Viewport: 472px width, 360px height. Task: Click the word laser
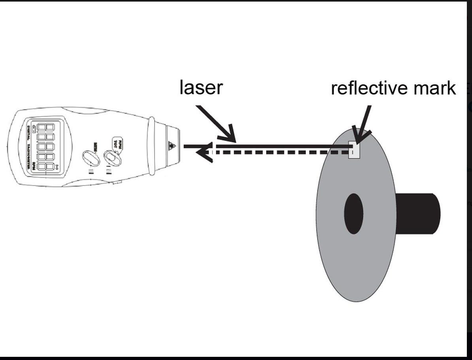coord(201,87)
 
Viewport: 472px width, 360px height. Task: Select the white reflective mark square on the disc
coord(354,150)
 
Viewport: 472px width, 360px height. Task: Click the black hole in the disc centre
coord(353,214)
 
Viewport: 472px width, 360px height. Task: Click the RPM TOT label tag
coord(117,143)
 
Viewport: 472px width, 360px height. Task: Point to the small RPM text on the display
coord(34,166)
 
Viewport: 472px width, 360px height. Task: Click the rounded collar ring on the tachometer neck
coord(151,146)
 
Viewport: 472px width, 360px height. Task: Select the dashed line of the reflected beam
coord(277,152)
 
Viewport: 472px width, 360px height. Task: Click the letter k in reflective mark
coord(451,88)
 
